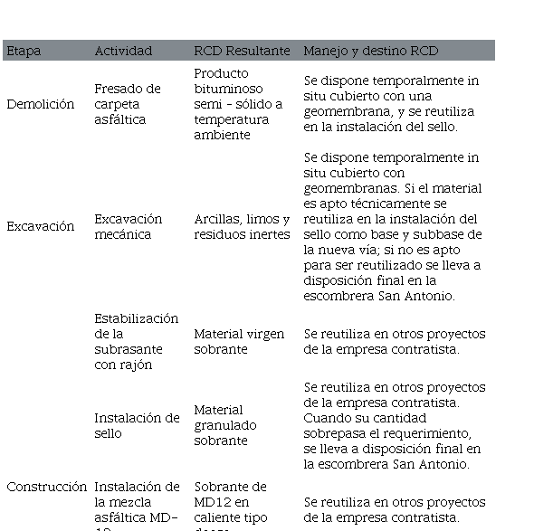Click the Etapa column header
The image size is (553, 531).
(x=24, y=51)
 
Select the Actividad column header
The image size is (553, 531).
(x=123, y=51)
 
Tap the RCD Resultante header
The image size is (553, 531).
(x=242, y=51)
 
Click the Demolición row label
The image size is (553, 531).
(x=40, y=104)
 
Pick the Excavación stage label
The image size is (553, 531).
(x=40, y=226)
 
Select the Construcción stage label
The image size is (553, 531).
(x=47, y=487)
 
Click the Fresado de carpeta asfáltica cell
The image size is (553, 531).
(x=128, y=104)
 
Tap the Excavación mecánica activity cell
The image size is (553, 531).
(x=129, y=226)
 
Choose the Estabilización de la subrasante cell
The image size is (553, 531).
(x=137, y=341)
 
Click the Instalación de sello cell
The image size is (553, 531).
(x=137, y=425)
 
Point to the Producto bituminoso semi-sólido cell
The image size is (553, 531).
(x=237, y=104)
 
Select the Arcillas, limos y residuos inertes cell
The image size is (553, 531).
(x=242, y=226)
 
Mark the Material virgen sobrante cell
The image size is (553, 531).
(x=239, y=341)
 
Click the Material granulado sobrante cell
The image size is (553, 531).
(x=225, y=425)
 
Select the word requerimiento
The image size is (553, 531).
(x=424, y=432)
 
